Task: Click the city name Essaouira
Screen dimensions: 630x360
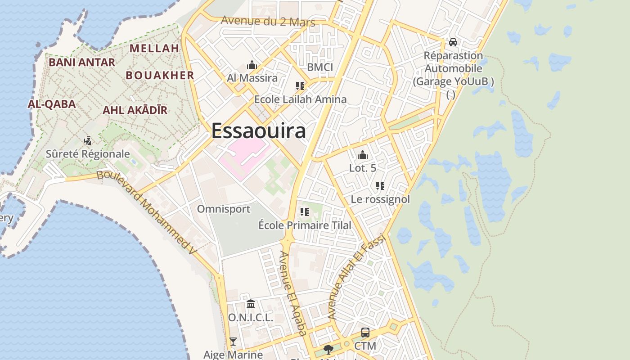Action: coord(258,131)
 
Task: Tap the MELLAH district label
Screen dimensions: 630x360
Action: coord(154,48)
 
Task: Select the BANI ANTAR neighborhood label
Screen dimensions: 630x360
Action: coord(82,62)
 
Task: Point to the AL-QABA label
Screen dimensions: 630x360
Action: coord(52,104)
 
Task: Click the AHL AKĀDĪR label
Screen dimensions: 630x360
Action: coord(135,110)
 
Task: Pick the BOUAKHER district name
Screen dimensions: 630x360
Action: coord(160,75)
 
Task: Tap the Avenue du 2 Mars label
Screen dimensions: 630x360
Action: coord(268,21)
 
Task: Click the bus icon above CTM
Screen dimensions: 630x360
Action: coord(365,333)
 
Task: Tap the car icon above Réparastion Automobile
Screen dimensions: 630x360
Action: coord(453,42)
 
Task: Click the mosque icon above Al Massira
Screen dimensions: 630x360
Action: coord(252,65)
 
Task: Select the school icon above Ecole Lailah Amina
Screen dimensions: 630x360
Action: coord(300,85)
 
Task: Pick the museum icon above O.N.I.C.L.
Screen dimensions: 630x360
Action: coord(251,304)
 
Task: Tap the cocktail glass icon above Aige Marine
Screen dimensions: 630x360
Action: coord(233,342)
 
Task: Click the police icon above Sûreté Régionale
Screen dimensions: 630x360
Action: coord(88,140)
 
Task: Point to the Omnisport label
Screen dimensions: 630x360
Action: coord(224,209)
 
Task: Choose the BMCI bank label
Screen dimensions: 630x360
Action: coord(320,67)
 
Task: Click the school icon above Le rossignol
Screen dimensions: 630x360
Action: coord(380,185)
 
